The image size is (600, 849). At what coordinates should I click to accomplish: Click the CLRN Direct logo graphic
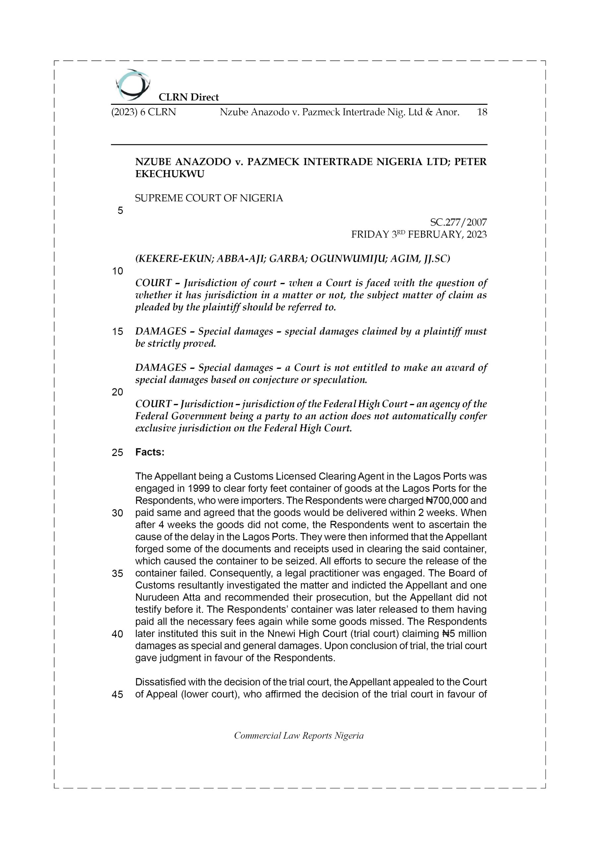pos(132,85)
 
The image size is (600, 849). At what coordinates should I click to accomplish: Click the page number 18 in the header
pos(482,112)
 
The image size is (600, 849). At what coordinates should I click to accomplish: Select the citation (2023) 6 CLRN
pos(144,112)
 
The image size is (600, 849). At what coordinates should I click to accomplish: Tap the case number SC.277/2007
pos(458,222)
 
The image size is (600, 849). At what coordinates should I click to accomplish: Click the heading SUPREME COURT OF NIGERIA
pos(209,198)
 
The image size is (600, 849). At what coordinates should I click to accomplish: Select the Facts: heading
pos(150,452)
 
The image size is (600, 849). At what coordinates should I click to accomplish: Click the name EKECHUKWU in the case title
pos(170,174)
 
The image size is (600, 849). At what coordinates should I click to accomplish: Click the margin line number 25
pos(117,453)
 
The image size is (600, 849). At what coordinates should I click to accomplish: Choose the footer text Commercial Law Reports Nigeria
pos(299,743)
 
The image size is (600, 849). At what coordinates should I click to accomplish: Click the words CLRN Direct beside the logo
pos(189,97)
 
